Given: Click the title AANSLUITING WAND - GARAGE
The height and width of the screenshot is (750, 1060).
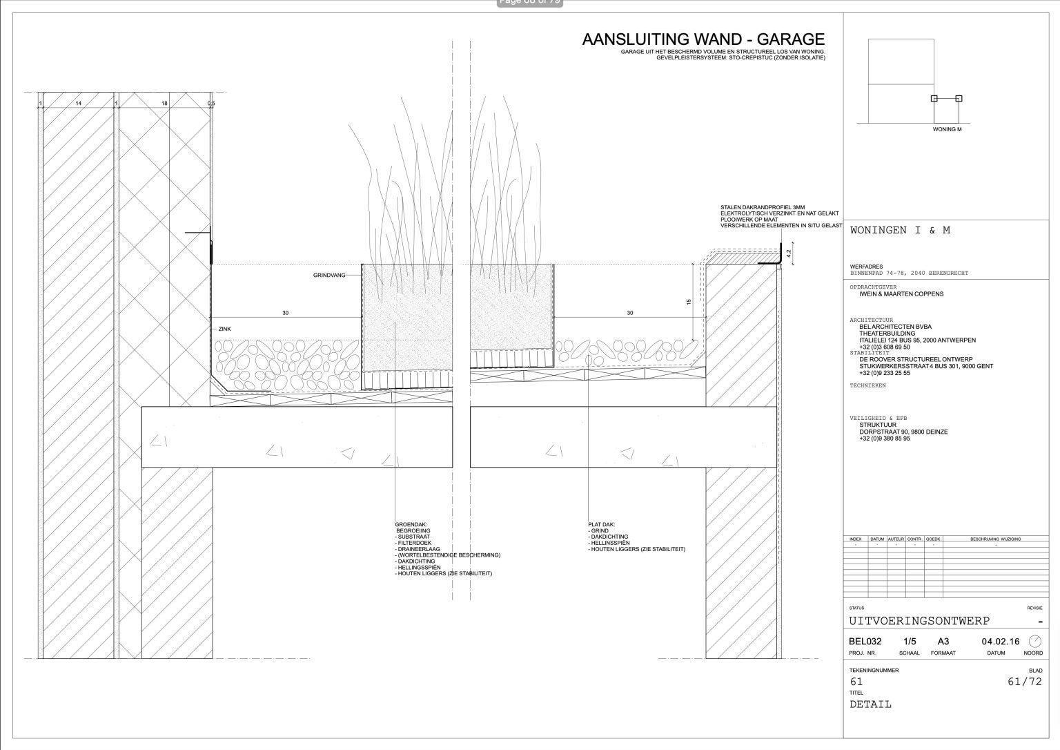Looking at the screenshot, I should click(x=703, y=40).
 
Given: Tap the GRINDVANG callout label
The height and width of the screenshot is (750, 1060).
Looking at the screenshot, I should click(x=329, y=276).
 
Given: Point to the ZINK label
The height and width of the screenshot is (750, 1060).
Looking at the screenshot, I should click(x=225, y=329).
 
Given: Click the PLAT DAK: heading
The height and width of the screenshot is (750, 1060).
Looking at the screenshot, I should click(x=601, y=524).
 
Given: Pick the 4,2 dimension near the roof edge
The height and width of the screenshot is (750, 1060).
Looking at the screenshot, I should click(x=788, y=253).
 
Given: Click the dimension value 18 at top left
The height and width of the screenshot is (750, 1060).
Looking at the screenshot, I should click(x=164, y=103).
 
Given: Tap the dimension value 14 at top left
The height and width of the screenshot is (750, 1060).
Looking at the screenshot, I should click(x=79, y=103).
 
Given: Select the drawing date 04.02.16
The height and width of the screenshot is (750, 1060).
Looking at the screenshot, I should click(x=1000, y=642).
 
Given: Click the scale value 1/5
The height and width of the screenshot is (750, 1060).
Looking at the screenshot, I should click(x=910, y=642).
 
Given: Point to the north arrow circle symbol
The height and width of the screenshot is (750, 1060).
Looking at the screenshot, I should click(x=1034, y=641).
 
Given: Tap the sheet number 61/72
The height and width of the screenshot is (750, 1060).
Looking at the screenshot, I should click(x=1025, y=682).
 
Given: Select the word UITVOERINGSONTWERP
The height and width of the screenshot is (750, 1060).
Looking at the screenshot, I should click(x=919, y=621).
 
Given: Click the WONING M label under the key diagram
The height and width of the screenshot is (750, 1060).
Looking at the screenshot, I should click(x=947, y=129).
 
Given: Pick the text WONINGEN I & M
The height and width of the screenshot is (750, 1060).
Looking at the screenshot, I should click(x=900, y=231).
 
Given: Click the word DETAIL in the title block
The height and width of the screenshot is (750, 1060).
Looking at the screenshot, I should click(x=870, y=704).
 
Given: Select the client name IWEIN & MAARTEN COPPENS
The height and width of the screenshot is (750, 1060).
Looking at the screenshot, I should click(x=901, y=294).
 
